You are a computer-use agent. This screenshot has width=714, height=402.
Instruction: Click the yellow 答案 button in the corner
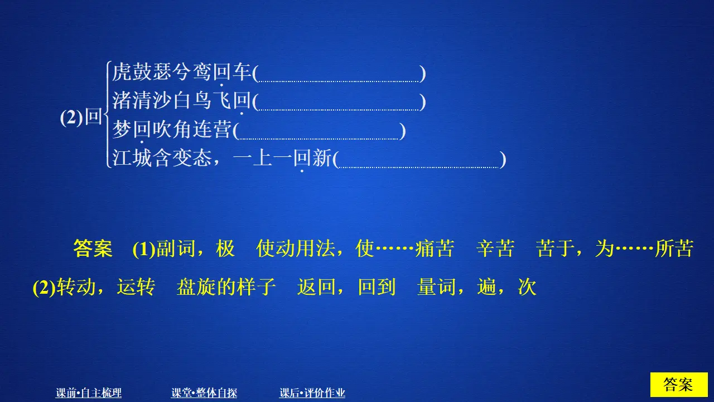pyautogui.click(x=678, y=385)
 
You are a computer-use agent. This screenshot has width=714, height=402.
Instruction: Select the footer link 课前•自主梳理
pyautogui.click(x=89, y=393)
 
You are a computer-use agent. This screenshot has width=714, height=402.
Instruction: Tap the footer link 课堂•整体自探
pyautogui.click(x=204, y=393)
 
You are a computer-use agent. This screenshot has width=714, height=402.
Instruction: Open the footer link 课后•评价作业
pyautogui.click(x=312, y=393)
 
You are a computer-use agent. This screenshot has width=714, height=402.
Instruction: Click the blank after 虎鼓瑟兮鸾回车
pyautogui.click(x=339, y=75)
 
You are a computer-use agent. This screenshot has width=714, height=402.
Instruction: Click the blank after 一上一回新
pyautogui.click(x=419, y=161)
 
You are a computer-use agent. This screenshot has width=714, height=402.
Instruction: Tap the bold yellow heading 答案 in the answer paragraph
pyautogui.click(x=93, y=249)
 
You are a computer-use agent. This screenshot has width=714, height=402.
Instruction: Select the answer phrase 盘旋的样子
pyautogui.click(x=226, y=287)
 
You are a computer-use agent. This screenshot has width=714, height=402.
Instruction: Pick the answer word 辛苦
pyautogui.click(x=495, y=249)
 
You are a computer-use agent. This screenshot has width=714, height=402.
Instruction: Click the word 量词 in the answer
pyautogui.click(x=436, y=287)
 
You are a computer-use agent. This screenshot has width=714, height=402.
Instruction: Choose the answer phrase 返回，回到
pyautogui.click(x=346, y=287)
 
